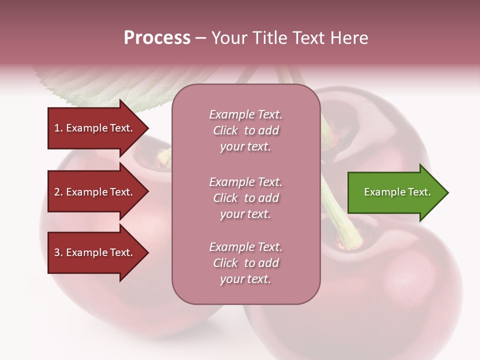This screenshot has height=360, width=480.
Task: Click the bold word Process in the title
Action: [x=157, y=38]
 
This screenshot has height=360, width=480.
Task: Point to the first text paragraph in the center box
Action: [x=245, y=130]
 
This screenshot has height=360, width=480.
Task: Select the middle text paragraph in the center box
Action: [x=245, y=198]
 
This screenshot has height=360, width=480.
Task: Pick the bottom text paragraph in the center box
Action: [x=245, y=263]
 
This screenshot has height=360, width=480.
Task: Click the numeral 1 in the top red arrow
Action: [x=56, y=128]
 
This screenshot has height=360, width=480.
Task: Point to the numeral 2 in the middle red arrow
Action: [x=56, y=192]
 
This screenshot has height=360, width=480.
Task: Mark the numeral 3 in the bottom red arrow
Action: [x=56, y=252]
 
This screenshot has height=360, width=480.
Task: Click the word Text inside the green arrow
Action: [x=419, y=192]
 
